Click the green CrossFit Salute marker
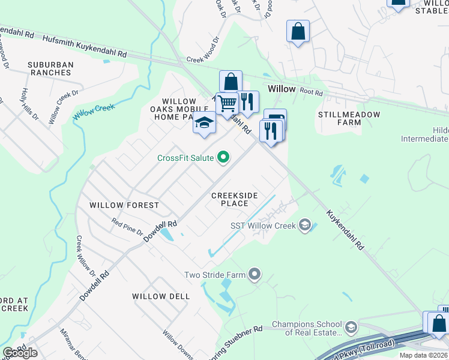224,158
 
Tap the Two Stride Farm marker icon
255,275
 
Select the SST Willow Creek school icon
304,226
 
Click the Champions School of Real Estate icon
351,328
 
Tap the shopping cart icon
227,103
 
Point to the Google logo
20,353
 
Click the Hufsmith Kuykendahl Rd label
84,44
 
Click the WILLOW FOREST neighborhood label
124,205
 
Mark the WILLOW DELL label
161,296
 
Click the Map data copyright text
415,355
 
